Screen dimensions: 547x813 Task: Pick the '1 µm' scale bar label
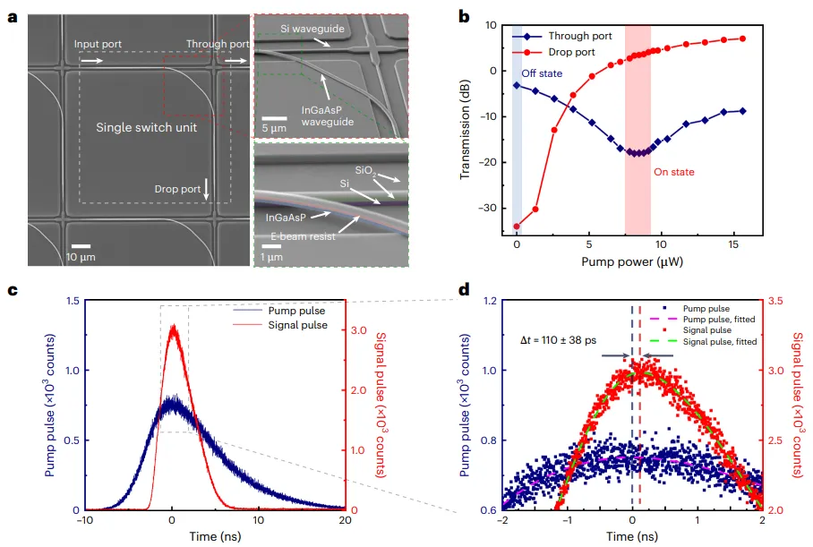coord(271,258)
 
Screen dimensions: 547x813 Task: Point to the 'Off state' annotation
coord(545,74)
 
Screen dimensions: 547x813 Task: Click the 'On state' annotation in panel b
coord(673,171)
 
